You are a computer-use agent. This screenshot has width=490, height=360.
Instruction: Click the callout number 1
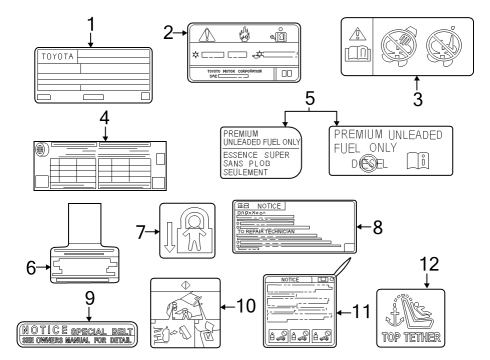90,22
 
